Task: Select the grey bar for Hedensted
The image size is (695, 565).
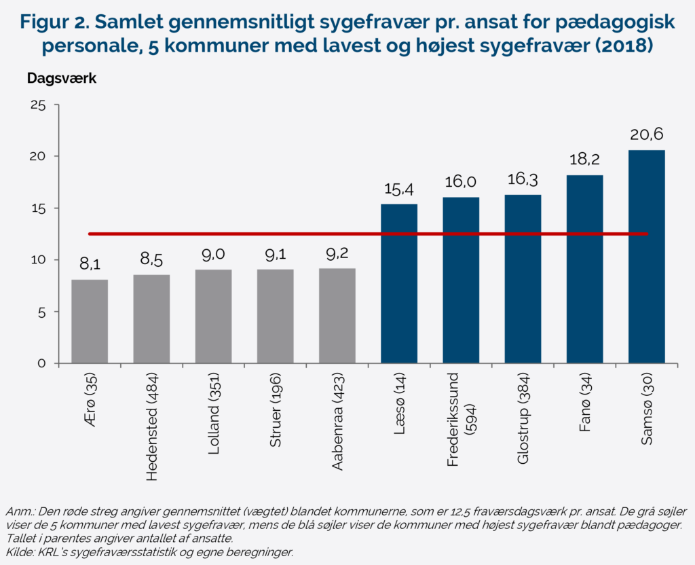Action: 151,319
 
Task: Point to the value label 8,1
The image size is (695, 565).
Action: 90,263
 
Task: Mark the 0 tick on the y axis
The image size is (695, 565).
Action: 41,363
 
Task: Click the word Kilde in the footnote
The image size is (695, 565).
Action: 18,552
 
